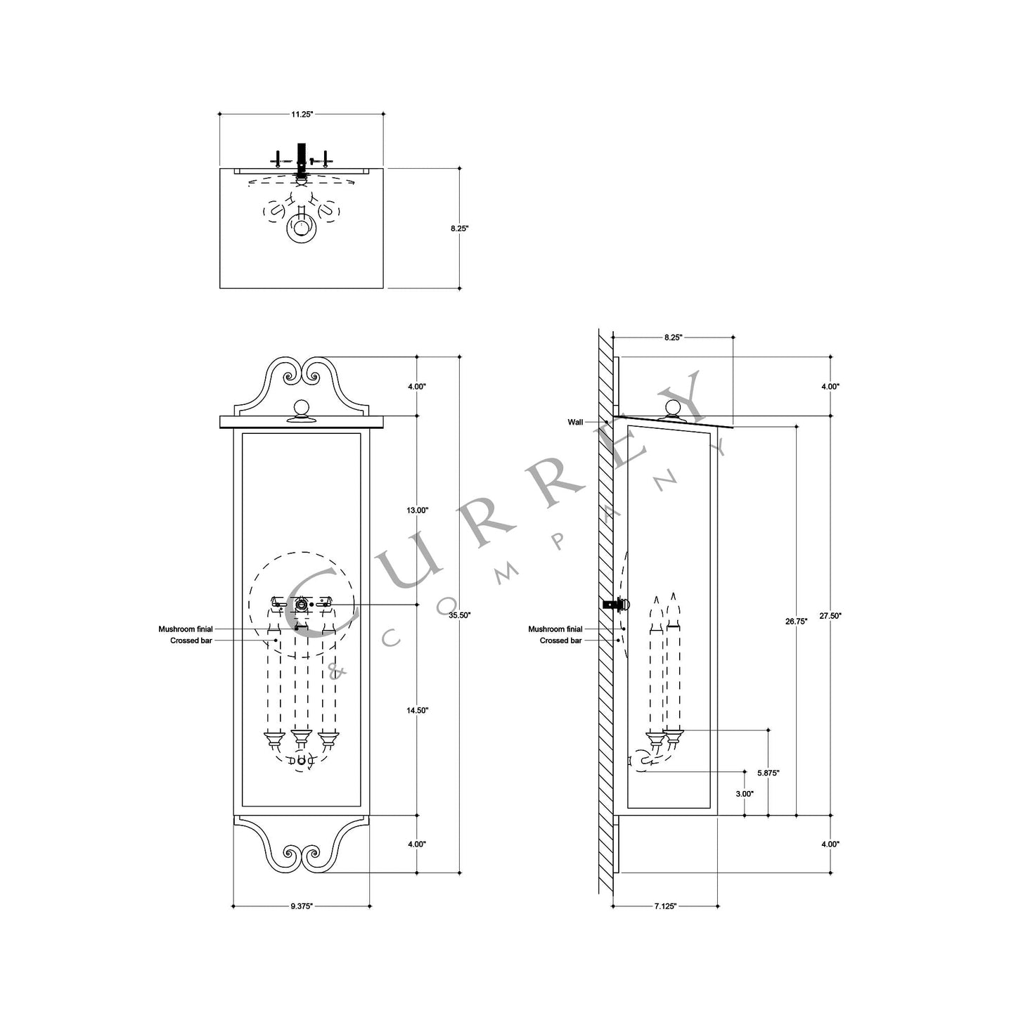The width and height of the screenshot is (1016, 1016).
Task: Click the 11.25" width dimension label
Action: [302, 113]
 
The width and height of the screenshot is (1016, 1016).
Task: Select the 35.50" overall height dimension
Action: [460, 615]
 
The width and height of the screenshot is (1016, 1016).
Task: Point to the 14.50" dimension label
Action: [418, 710]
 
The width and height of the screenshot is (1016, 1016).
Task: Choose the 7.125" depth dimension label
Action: [664, 906]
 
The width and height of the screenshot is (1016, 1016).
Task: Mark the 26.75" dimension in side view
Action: [796, 621]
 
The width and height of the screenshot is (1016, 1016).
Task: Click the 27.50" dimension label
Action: [830, 615]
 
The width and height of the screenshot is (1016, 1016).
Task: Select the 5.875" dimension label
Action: [768, 773]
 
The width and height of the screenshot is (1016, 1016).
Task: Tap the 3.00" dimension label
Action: [745, 793]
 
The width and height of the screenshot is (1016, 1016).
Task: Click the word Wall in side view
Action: [575, 423]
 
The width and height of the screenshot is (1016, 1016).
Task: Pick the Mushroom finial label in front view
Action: [186, 629]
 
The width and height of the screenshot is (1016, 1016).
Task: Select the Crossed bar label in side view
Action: [560, 641]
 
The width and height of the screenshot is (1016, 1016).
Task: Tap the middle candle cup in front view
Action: [301, 738]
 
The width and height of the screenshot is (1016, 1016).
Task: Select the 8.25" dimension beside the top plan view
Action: [460, 229]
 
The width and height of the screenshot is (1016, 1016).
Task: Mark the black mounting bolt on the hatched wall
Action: [615, 604]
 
